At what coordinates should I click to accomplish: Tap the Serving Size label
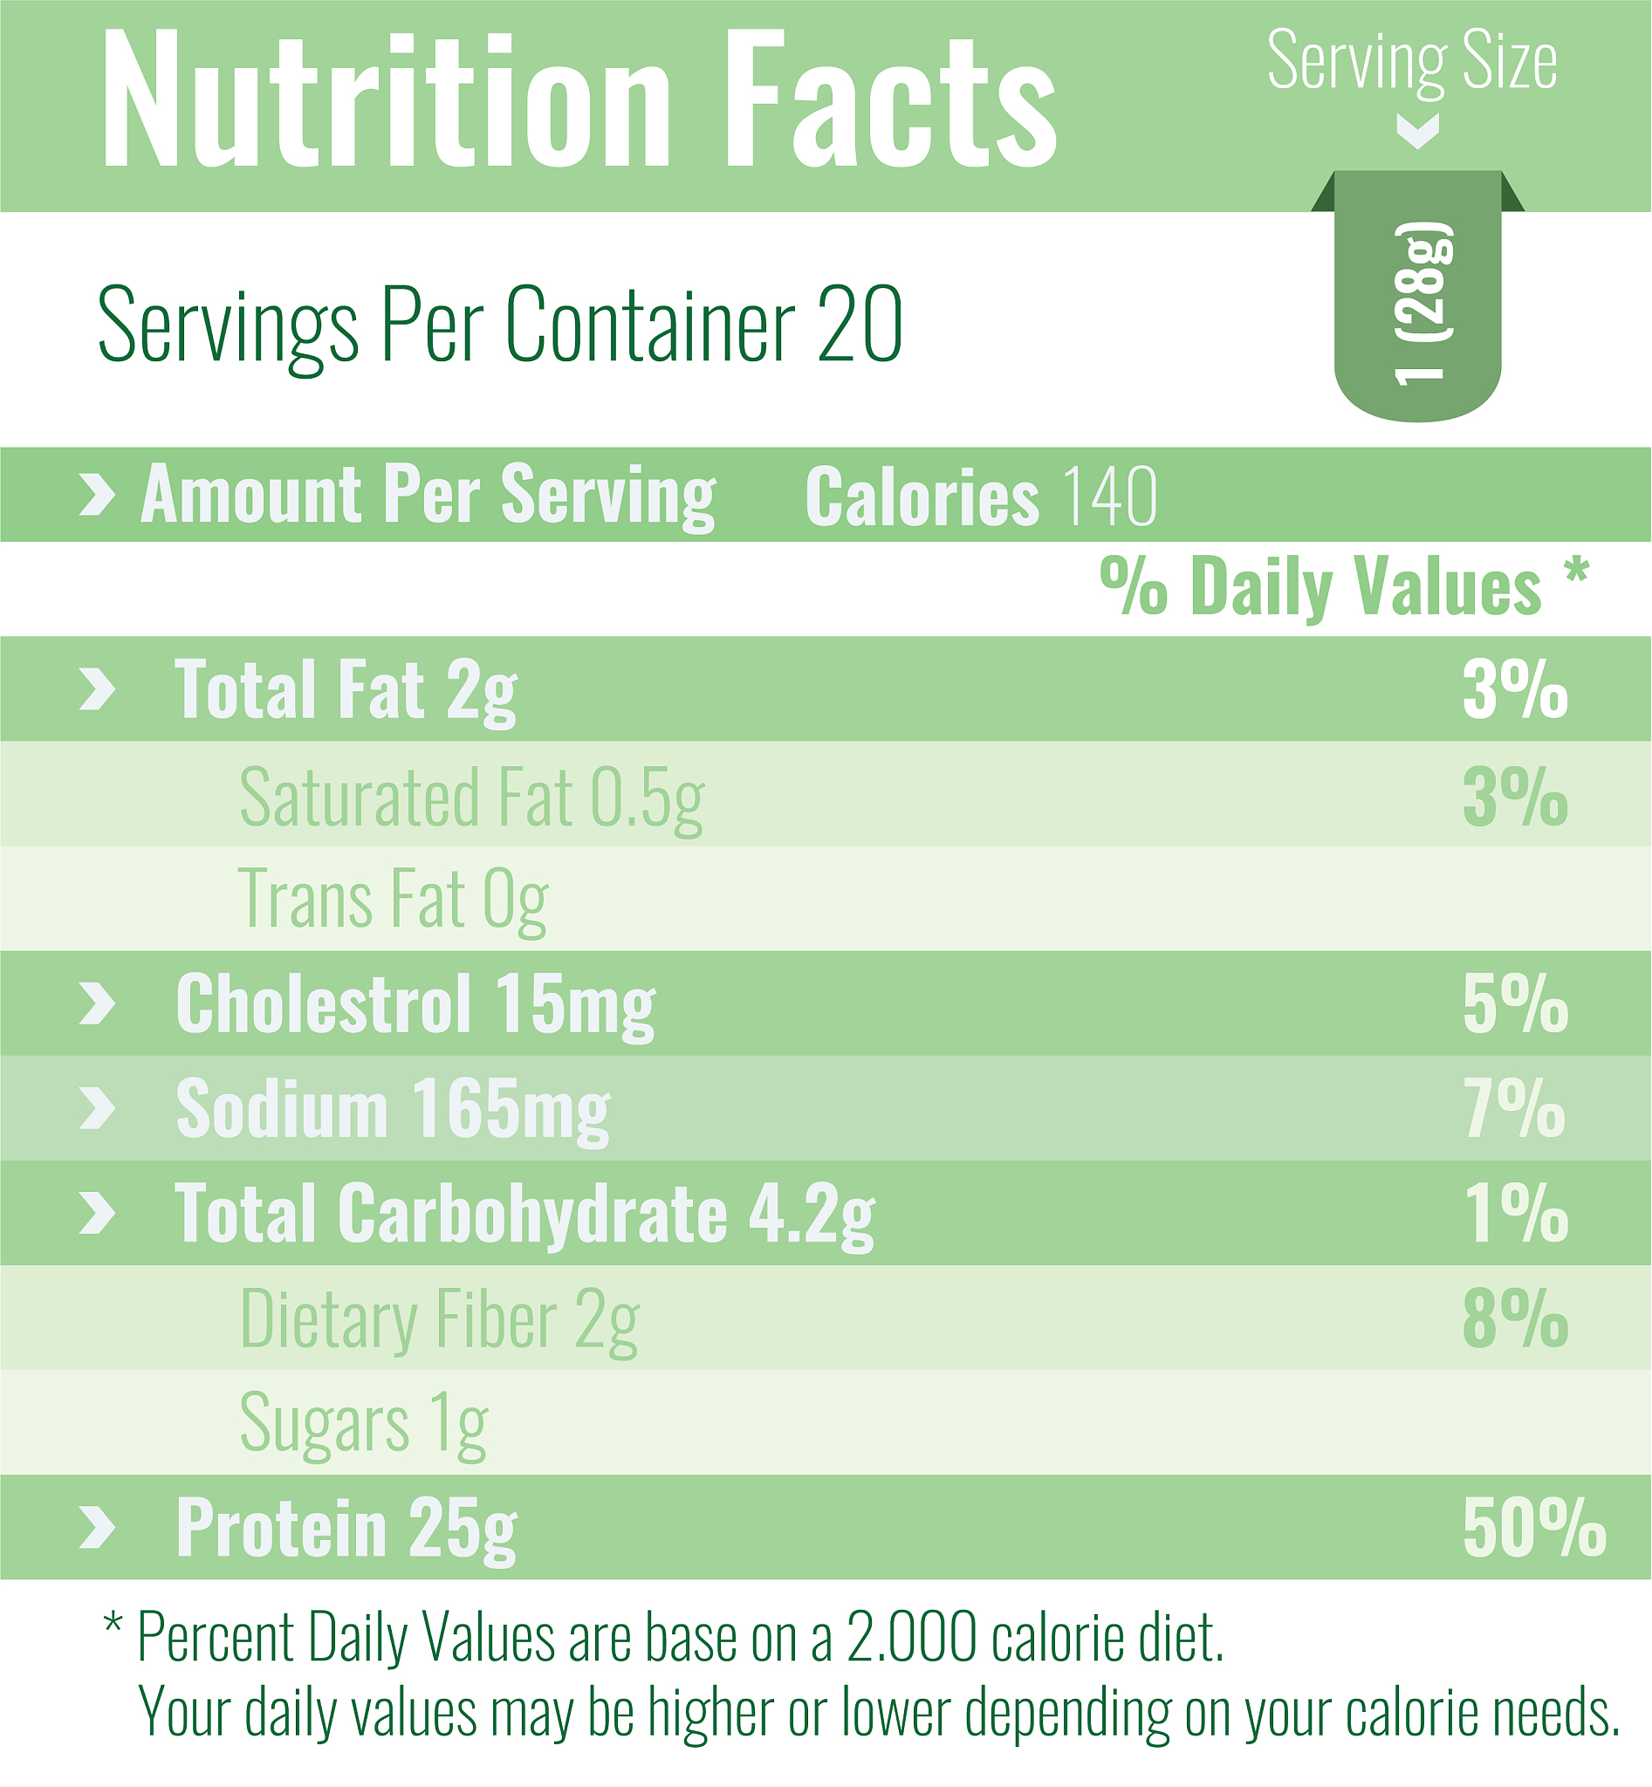(x=1411, y=61)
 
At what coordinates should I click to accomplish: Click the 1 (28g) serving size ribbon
(x=1418, y=299)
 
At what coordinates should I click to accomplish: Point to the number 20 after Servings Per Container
(x=859, y=324)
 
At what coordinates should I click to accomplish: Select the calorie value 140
(x=1111, y=496)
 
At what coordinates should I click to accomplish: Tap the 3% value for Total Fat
(x=1514, y=689)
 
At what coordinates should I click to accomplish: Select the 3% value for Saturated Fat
(x=1514, y=796)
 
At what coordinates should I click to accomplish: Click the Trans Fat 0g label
(x=394, y=900)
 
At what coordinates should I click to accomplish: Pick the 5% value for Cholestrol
(x=1514, y=1004)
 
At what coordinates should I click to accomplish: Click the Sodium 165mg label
(x=394, y=1108)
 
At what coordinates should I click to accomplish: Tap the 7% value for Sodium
(x=1514, y=1108)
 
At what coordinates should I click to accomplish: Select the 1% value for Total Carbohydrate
(x=1514, y=1213)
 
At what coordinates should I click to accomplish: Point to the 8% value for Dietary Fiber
(x=1514, y=1318)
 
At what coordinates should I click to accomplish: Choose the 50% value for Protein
(x=1533, y=1528)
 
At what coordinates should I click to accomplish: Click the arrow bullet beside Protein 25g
(x=98, y=1527)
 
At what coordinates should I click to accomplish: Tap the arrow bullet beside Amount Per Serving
(x=98, y=495)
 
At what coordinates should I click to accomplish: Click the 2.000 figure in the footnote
(x=911, y=1638)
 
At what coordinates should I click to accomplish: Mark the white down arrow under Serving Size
(x=1418, y=131)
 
